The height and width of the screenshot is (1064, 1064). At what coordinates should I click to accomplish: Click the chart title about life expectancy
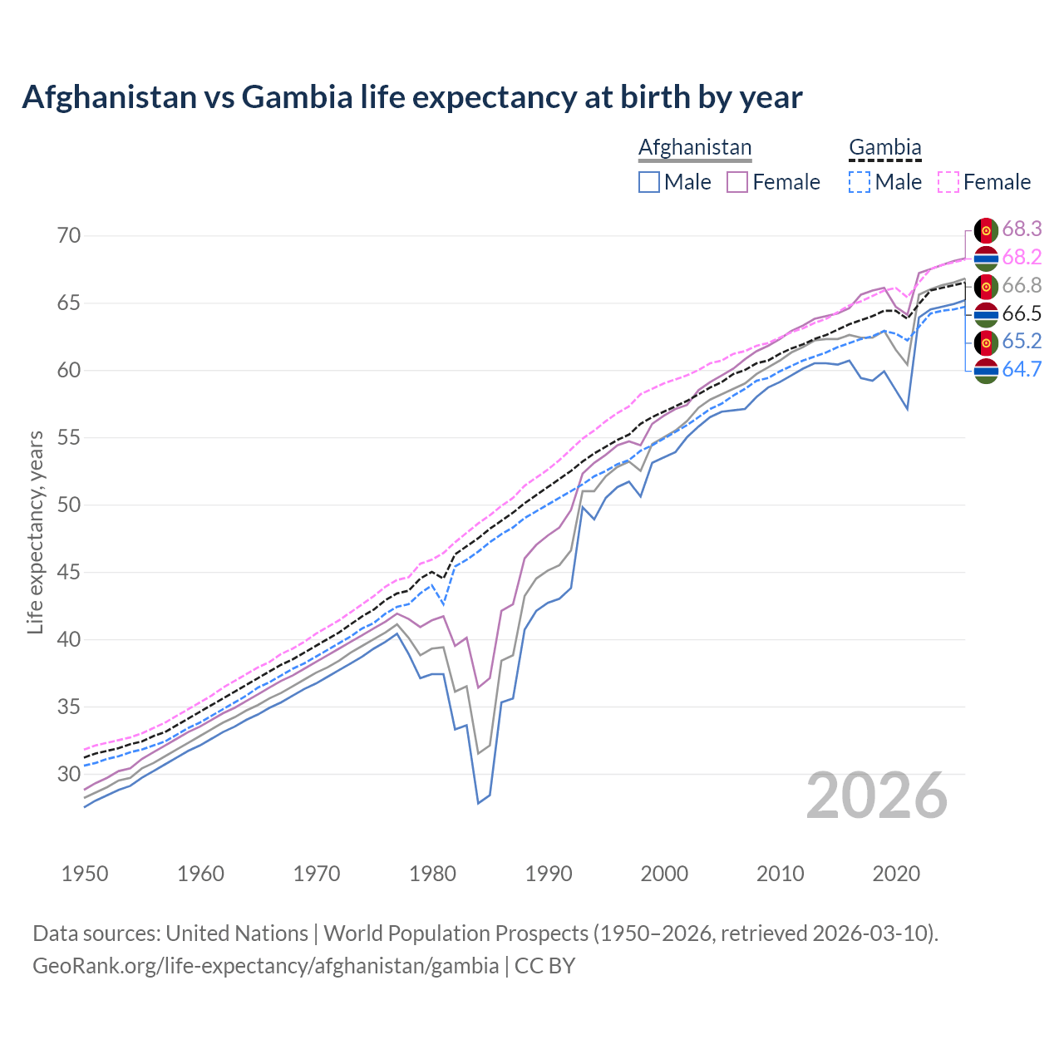click(x=412, y=97)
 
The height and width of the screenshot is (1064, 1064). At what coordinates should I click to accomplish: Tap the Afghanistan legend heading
click(x=695, y=147)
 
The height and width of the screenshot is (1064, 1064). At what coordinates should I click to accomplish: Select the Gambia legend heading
click(x=884, y=147)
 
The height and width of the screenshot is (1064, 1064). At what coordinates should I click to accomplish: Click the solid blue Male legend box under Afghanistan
click(x=649, y=182)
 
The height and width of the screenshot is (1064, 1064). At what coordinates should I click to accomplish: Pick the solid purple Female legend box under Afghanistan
click(x=738, y=182)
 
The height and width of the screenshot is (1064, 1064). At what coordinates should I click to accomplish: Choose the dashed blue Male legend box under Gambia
click(x=860, y=182)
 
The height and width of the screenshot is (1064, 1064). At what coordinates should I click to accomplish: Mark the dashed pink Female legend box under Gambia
click(x=948, y=182)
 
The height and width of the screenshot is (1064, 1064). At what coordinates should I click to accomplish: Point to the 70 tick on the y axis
click(x=69, y=236)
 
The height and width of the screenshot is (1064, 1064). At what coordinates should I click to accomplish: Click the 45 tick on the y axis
click(x=69, y=573)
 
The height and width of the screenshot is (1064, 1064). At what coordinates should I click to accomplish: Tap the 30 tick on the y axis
click(x=69, y=775)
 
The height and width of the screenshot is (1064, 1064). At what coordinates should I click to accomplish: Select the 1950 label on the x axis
click(x=85, y=874)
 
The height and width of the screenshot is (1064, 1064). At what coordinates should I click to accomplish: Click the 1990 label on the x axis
click(x=549, y=874)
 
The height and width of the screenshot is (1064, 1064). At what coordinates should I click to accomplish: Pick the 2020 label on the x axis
click(x=896, y=874)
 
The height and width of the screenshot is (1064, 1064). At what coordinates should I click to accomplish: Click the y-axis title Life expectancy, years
click(x=35, y=532)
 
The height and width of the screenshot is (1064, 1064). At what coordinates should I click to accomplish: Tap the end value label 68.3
click(x=1022, y=229)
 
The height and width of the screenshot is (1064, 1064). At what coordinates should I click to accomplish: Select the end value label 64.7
click(x=1022, y=370)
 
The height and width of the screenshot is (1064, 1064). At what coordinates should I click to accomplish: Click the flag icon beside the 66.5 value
click(x=986, y=314)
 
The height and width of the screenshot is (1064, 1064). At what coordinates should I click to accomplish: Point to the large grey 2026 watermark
click(x=877, y=796)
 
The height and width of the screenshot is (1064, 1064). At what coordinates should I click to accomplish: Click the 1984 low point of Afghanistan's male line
click(x=478, y=803)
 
